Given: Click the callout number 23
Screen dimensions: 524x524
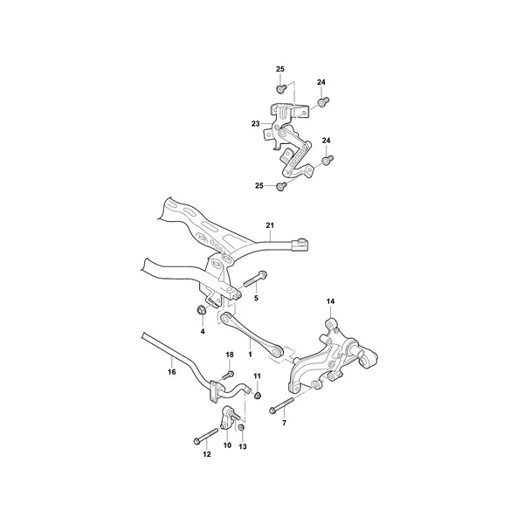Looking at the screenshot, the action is click(255, 124).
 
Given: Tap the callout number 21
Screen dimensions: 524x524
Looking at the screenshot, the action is click(270, 225).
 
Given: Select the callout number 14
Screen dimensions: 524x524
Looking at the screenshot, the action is click(330, 301).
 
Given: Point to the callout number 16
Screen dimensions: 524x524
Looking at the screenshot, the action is click(172, 372).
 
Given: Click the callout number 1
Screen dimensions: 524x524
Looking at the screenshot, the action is click(250, 355).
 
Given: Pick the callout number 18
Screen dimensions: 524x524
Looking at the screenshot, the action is click(230, 355).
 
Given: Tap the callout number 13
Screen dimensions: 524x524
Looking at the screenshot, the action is click(243, 446).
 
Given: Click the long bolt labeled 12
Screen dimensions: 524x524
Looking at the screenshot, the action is click(205, 435).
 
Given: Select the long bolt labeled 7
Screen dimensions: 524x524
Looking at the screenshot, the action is click(281, 404).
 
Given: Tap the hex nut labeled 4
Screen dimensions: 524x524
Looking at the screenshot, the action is click(202, 310).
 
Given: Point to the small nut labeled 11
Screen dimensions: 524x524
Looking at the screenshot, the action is click(258, 396).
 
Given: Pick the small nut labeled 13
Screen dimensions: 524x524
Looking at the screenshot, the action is click(241, 428).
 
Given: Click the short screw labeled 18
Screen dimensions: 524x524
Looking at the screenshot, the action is click(228, 375).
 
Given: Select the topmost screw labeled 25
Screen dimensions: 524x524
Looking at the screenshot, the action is click(281, 89).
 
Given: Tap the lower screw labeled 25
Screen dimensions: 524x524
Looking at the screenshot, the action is click(281, 186).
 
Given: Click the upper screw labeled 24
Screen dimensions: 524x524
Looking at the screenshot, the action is click(323, 101).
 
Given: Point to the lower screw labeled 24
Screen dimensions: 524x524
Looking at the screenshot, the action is click(327, 160).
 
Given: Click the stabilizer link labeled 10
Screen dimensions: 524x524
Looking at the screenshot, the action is click(229, 417).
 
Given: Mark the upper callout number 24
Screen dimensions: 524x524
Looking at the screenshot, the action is click(321, 82).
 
